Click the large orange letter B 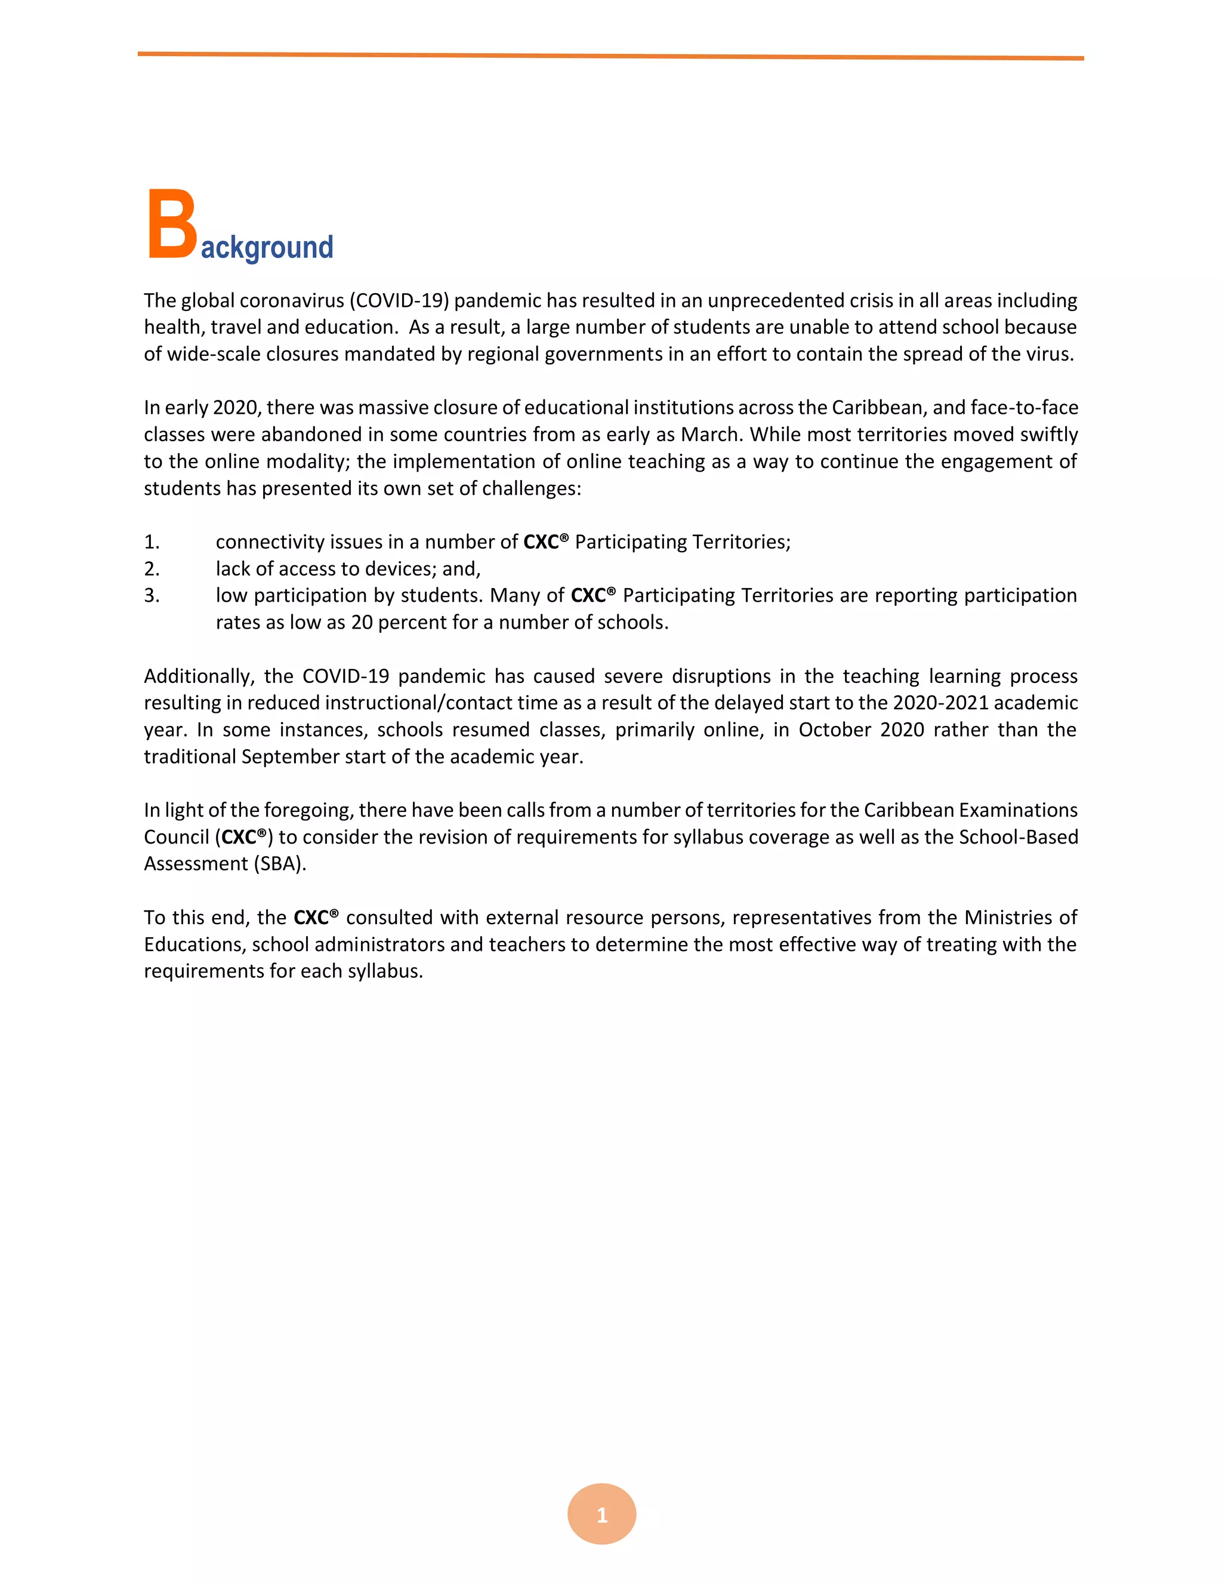[x=172, y=224]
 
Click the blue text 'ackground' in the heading [x=266, y=248]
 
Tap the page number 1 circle [x=601, y=1515]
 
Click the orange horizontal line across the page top [x=610, y=56]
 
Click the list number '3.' [x=152, y=595]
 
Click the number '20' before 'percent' [x=361, y=623]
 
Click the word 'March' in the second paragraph [x=712, y=435]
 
